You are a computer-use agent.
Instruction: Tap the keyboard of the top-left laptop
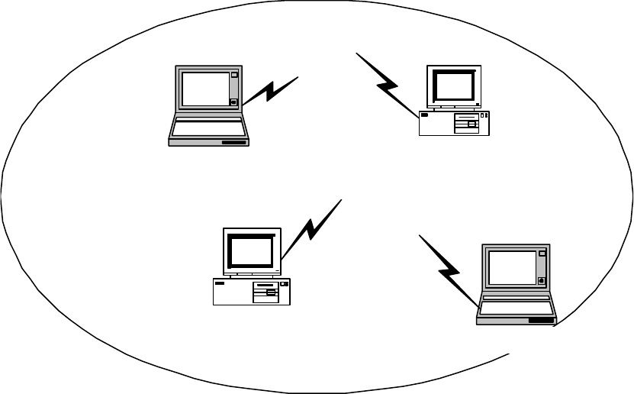click(x=208, y=127)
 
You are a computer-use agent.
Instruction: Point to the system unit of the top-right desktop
click(x=453, y=123)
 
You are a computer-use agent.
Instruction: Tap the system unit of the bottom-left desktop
click(x=252, y=292)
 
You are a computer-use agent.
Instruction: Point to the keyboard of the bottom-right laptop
click(x=516, y=307)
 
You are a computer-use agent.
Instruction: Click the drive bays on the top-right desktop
click(x=466, y=123)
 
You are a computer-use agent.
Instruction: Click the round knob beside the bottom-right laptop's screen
click(x=542, y=280)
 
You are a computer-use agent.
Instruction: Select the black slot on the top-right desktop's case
click(x=424, y=115)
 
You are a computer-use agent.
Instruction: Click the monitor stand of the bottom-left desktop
click(x=250, y=273)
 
